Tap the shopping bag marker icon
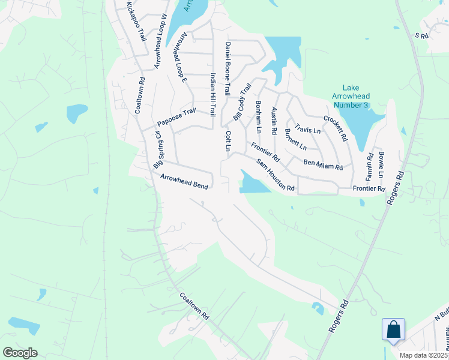pos(394,329)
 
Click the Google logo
pos(20,353)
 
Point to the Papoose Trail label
pos(176,116)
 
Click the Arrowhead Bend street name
pos(184,181)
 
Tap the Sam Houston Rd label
pos(276,175)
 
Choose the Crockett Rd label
pos(336,128)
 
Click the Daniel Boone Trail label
pos(228,69)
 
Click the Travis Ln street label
pos(308,130)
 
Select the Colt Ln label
pos(228,141)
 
